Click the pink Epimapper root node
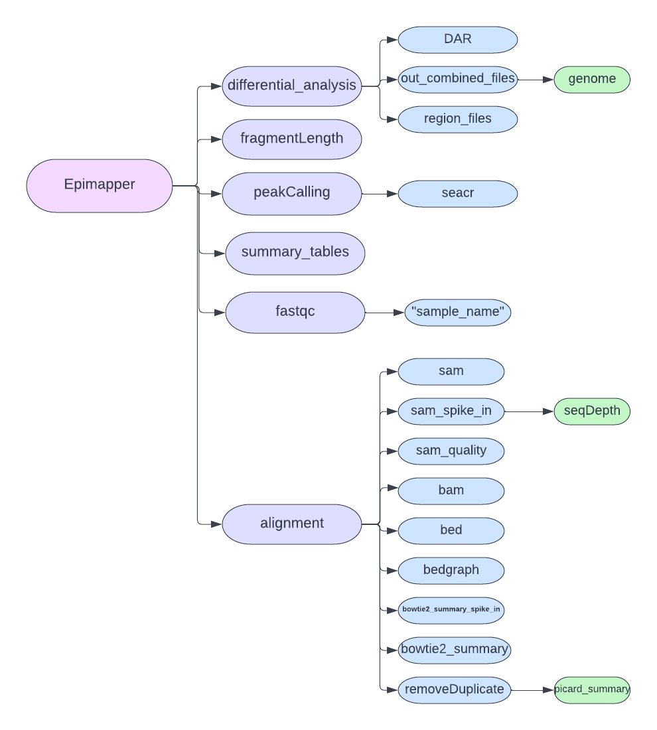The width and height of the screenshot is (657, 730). [100, 185]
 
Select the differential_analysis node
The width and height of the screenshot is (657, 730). [292, 86]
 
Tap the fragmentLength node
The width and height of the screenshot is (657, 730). [292, 139]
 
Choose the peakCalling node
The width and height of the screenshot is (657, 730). [292, 192]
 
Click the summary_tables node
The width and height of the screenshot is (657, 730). [295, 252]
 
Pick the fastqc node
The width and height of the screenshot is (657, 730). [295, 311]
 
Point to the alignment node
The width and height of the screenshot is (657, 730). [292, 524]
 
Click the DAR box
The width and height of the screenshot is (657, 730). [457, 39]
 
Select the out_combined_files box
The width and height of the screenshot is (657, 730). [457, 79]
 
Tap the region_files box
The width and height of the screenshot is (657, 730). [457, 119]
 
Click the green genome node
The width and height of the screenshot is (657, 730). [591, 79]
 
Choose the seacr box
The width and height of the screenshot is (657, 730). [457, 193]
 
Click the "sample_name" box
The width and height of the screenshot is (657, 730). [457, 312]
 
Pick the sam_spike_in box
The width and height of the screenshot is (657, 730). [451, 411]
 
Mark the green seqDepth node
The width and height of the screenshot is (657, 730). [591, 411]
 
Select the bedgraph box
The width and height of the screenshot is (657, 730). [451, 570]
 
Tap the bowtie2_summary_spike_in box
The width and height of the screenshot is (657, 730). [451, 609]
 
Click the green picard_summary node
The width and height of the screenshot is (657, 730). [591, 690]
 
